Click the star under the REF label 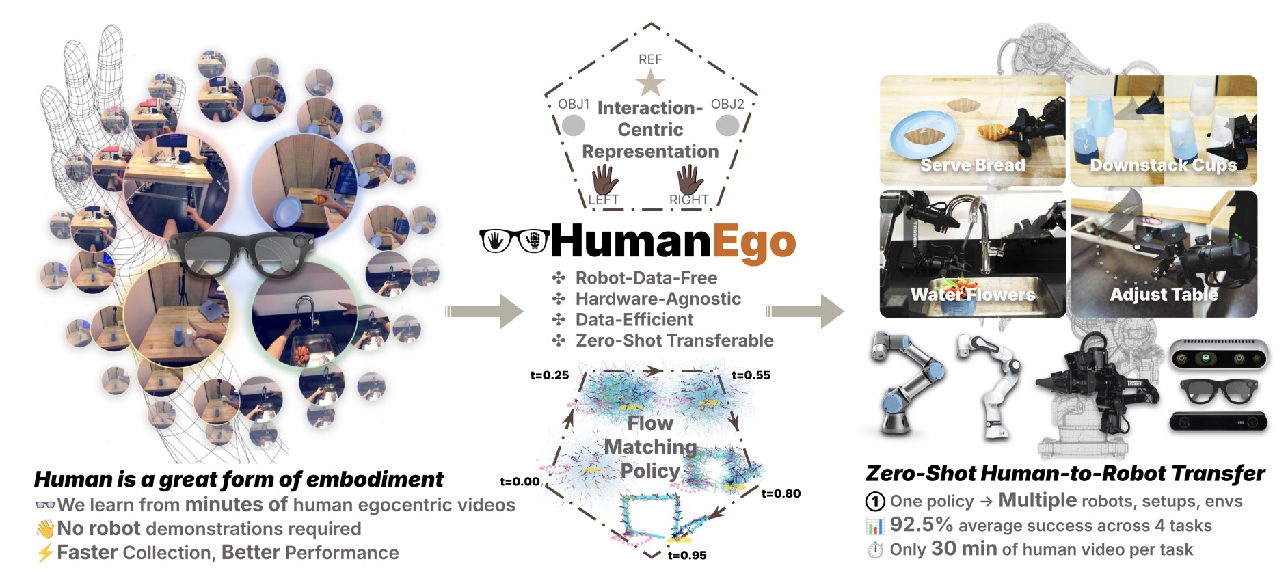(650, 83)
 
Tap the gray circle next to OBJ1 (573, 125)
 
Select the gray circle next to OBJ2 (727, 125)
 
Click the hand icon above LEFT (604, 179)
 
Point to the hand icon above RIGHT (690, 179)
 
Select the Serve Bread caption (972, 165)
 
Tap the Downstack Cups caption (1163, 165)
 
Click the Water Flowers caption (973, 295)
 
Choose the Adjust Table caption (1164, 295)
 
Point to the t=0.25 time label (550, 375)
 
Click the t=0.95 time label (687, 555)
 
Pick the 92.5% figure (922, 525)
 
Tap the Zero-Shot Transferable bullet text (675, 340)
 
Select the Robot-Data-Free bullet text (646, 278)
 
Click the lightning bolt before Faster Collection (44, 552)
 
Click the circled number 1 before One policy (875, 502)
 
